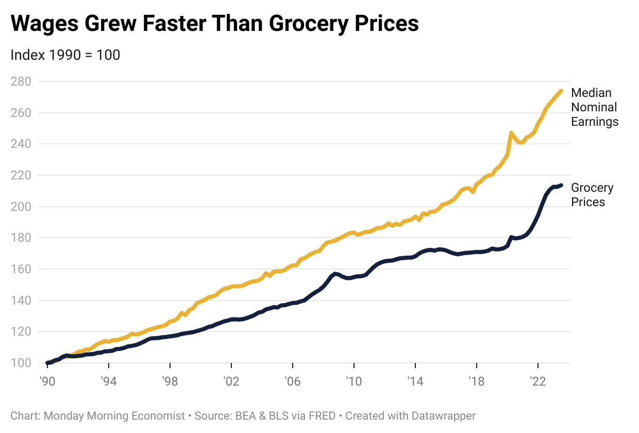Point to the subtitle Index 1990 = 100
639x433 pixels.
pos(65,55)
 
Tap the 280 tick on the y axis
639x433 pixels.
pos(21,81)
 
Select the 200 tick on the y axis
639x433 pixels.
pos(21,207)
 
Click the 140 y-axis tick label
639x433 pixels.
pos(21,301)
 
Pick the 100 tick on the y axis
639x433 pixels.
pos(21,363)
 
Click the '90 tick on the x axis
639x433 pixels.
pos(47,382)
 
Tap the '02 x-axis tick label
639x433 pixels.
pos(231,382)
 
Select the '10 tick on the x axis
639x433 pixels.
pos(354,382)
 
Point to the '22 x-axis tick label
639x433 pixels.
pos(538,382)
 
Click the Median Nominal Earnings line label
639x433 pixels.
pos(595,107)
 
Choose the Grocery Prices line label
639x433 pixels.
pos(592,195)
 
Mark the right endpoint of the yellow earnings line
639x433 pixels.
pos(561,91)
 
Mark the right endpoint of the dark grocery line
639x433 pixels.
pos(561,185)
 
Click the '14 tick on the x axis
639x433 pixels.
pos(415,382)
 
